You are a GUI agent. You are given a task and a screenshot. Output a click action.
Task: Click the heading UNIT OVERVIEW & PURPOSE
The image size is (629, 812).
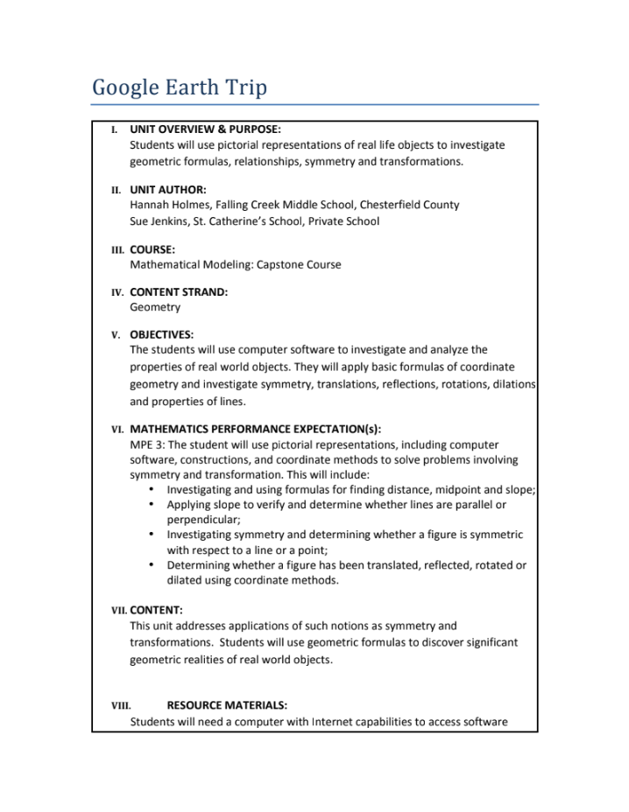205,129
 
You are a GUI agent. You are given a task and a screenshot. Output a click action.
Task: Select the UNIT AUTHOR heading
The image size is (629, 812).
168,189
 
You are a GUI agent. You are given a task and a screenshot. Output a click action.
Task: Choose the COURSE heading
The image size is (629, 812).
152,249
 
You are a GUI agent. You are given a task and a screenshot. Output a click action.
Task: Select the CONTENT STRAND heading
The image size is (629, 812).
179,292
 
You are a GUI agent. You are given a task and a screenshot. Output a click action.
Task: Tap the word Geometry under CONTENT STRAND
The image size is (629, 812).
155,307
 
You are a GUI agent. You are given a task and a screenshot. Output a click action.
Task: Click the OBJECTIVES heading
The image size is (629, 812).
162,334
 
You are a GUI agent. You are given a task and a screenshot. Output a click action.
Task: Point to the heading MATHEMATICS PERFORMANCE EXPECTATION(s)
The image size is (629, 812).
256,430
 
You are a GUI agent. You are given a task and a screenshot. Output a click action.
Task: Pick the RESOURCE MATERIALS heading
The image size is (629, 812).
227,704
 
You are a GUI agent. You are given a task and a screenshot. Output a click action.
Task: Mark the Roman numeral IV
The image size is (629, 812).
117,292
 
